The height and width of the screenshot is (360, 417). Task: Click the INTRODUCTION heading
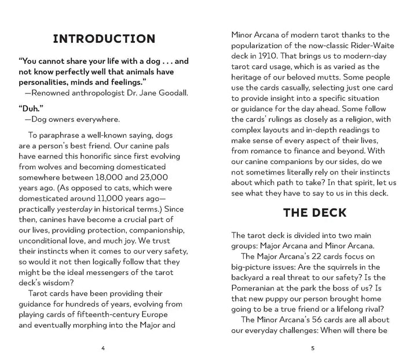tap(104, 39)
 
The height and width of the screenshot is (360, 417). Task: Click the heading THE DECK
tap(314, 212)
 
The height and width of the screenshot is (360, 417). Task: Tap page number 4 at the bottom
tap(103, 348)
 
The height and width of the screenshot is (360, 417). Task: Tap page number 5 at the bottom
tap(312, 348)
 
